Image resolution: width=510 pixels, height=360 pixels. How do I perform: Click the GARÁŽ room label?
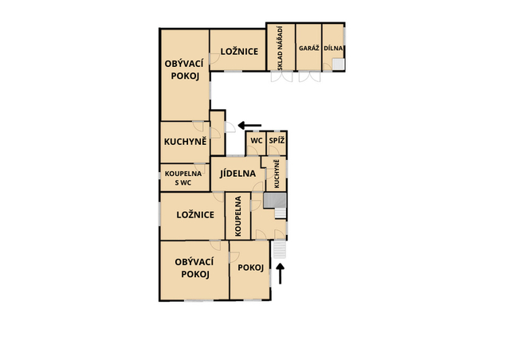308,48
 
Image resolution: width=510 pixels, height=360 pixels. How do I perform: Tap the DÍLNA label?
333,48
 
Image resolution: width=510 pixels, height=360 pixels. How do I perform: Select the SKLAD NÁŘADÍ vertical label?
280,48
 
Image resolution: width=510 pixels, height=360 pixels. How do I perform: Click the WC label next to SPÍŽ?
257,141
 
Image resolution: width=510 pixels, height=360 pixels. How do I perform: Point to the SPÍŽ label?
277,141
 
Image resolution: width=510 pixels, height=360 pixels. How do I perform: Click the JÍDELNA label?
237,174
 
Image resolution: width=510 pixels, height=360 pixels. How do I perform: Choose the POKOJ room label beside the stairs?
250,268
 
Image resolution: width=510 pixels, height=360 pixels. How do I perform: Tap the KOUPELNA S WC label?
183,178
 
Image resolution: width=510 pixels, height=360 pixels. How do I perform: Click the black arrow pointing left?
249,125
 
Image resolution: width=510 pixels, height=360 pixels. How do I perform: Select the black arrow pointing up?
280,273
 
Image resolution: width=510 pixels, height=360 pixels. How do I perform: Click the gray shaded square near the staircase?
274,201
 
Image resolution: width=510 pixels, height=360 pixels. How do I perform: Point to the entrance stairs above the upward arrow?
280,249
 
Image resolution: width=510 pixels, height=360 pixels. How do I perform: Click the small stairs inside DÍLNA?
338,64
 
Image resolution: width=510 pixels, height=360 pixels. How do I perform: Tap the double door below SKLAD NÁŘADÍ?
281,76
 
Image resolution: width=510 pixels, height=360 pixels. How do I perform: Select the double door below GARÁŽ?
310,76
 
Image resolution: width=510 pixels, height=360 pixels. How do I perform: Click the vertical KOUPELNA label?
238,216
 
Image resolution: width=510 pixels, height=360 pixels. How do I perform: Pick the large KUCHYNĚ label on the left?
186,142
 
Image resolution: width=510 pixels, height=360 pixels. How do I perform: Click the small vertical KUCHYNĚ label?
277,174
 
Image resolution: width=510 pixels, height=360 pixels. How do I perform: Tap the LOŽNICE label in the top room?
239,52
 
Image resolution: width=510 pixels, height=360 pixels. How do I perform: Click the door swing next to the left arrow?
230,127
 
